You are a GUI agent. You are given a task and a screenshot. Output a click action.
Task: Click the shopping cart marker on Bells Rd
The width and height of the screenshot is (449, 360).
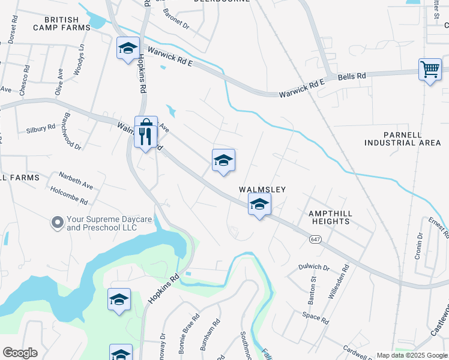click(430, 70)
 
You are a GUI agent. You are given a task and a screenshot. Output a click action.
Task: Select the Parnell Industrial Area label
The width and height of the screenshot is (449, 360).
click(402, 139)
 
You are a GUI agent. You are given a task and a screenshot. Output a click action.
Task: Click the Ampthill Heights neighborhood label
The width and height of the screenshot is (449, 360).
click(329, 217)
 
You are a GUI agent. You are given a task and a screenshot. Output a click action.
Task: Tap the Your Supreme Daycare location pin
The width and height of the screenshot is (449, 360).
click(57, 223)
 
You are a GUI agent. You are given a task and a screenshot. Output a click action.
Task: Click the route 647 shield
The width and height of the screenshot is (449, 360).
click(315, 239)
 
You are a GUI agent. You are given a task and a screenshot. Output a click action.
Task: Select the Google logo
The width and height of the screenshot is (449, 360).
click(20, 353)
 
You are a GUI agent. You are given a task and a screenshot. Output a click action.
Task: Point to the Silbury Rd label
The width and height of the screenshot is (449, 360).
click(41, 130)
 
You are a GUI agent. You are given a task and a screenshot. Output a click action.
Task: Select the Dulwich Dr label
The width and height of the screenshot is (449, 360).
click(313, 267)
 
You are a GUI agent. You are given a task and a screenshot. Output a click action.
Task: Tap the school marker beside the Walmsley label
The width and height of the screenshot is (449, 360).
click(259, 205)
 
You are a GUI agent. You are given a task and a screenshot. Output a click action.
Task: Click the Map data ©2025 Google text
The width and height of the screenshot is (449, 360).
click(412, 355)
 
